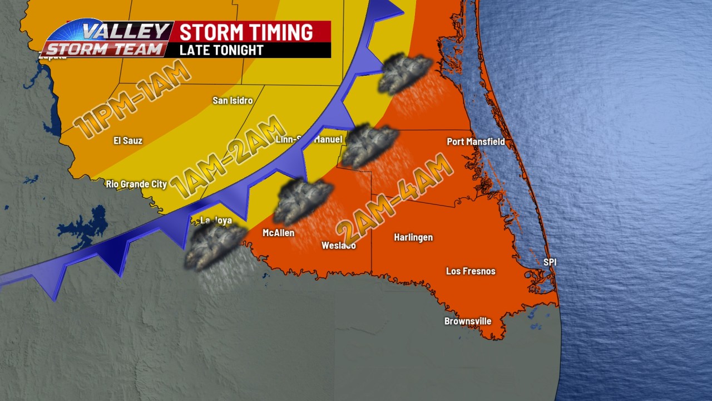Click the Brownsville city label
(x=467, y=321)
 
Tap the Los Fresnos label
(x=471, y=271)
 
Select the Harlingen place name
(x=413, y=238)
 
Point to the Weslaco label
(x=339, y=246)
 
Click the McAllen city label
(x=278, y=233)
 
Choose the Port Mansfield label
(x=476, y=141)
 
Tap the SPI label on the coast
(x=550, y=262)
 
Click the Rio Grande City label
(x=136, y=184)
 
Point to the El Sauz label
(x=128, y=140)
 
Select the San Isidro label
(x=233, y=101)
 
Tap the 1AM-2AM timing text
(x=228, y=157)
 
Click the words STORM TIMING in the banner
(x=246, y=32)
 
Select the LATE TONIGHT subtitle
(x=221, y=50)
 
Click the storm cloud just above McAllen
(x=304, y=200)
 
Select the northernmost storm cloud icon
(x=404, y=72)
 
